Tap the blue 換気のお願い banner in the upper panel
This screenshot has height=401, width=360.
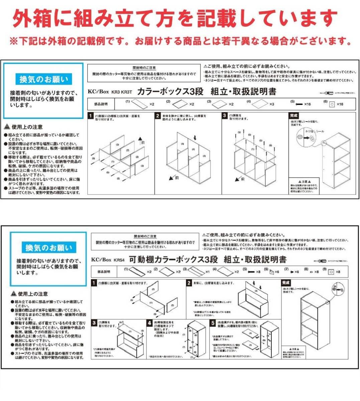43,80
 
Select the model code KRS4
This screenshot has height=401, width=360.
119,260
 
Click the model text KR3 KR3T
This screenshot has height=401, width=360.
122,92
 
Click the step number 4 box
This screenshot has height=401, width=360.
150,323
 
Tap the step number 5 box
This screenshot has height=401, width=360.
213,323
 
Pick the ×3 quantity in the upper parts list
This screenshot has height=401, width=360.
272,104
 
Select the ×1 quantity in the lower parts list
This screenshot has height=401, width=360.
207,272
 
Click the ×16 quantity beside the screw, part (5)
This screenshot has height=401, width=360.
307,104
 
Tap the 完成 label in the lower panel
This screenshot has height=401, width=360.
286,283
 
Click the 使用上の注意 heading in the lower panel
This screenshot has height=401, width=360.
32,294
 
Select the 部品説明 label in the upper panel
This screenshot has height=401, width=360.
101,104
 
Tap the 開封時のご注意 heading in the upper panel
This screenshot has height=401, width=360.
144,68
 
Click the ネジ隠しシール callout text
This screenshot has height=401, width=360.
315,132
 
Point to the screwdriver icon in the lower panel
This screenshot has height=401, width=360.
320,261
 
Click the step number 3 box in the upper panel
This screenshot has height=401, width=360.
225,116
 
